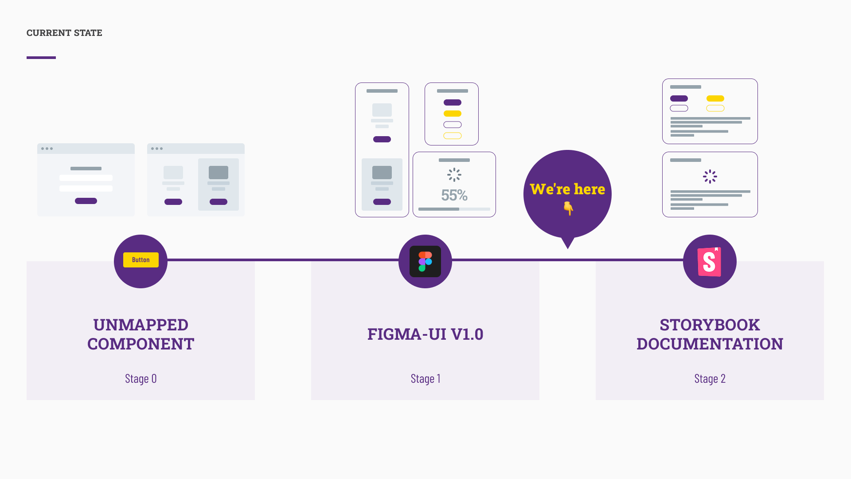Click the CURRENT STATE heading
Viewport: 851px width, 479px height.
click(64, 33)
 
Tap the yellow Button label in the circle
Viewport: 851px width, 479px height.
click(141, 260)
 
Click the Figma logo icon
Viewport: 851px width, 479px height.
click(425, 262)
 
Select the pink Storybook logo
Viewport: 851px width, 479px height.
click(709, 262)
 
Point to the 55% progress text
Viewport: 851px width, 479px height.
click(454, 195)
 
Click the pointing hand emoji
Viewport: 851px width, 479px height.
click(568, 208)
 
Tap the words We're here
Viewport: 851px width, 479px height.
click(567, 189)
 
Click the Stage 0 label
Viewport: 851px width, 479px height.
click(141, 378)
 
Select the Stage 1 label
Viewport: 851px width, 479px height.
click(425, 378)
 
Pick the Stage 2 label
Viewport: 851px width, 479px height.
click(710, 378)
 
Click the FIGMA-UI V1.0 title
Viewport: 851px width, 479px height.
click(425, 334)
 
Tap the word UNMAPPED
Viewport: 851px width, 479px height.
click(141, 325)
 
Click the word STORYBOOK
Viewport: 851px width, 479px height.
click(710, 325)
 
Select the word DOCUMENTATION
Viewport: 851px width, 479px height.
click(710, 344)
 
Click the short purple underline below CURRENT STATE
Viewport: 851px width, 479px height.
click(41, 57)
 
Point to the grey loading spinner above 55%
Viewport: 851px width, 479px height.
click(454, 175)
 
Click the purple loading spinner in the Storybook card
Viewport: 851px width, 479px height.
click(710, 177)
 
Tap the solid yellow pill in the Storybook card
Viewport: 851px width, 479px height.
click(715, 98)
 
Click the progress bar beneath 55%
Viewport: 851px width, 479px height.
click(454, 209)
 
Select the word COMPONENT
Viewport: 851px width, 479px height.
click(141, 344)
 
